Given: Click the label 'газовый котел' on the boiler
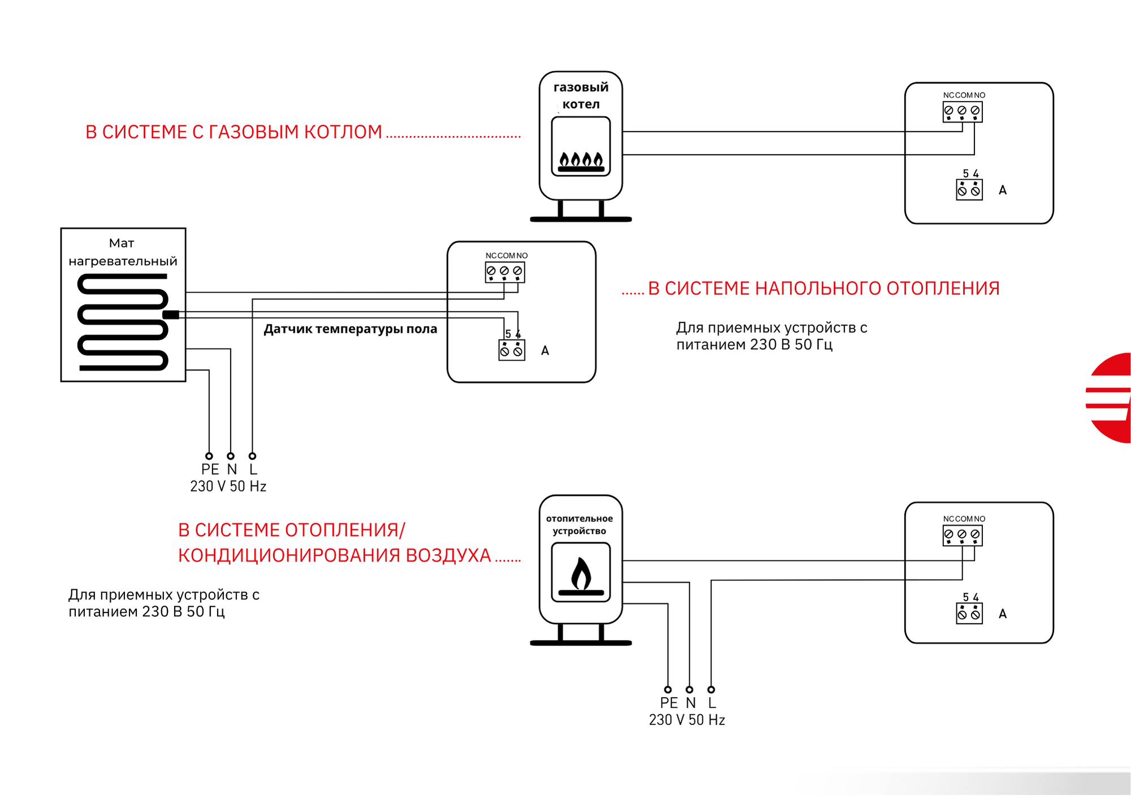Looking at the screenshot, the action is click(581, 95).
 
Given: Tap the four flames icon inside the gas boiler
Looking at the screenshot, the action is click(581, 162).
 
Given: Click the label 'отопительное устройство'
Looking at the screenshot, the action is click(580, 525).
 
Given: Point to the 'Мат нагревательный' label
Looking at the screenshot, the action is click(123, 252).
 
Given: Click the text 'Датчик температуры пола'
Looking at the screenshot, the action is click(351, 329).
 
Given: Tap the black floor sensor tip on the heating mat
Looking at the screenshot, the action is click(171, 315).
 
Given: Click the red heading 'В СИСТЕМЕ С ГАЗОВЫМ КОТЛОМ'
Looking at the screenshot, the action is click(234, 132).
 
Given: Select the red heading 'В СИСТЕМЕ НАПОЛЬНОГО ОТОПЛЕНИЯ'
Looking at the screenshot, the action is click(824, 288).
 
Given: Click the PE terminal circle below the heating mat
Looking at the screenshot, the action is click(209, 456).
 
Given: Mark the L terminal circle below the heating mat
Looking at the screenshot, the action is click(252, 456).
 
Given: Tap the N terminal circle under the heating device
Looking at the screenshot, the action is click(689, 689).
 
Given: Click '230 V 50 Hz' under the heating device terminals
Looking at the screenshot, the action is click(687, 720).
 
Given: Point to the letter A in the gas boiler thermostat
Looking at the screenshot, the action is click(1003, 190).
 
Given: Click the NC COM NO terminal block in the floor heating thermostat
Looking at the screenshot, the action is click(504, 272).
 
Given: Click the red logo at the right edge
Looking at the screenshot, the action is click(1110, 398).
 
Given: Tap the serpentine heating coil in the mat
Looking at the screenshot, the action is click(123, 322).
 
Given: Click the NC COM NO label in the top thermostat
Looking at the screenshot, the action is click(964, 95).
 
